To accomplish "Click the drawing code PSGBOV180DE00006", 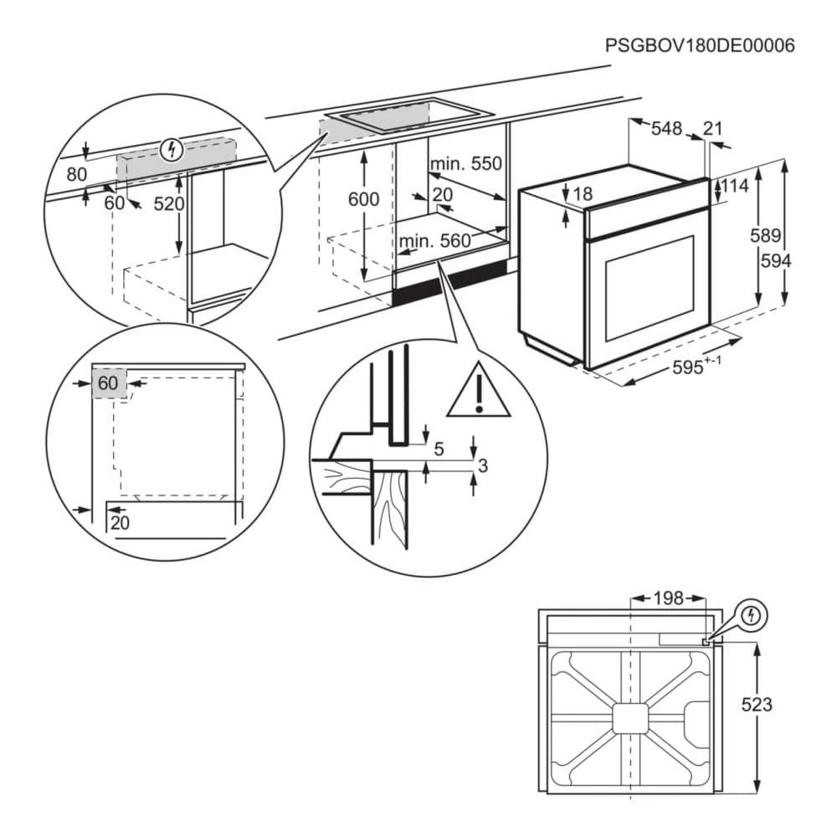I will click(700, 45).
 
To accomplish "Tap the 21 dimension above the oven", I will click(712, 128).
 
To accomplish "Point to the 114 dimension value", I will click(734, 186).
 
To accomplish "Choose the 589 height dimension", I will click(766, 236).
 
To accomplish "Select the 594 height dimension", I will click(776, 260).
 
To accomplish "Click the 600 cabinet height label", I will click(363, 199).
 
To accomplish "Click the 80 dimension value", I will click(76, 175).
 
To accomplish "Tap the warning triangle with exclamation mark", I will click(478, 391).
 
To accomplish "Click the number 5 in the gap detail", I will click(439, 449).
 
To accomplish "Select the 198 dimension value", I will click(666, 598).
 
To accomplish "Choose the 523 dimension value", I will click(757, 705).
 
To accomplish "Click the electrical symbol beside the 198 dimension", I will click(753, 616).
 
